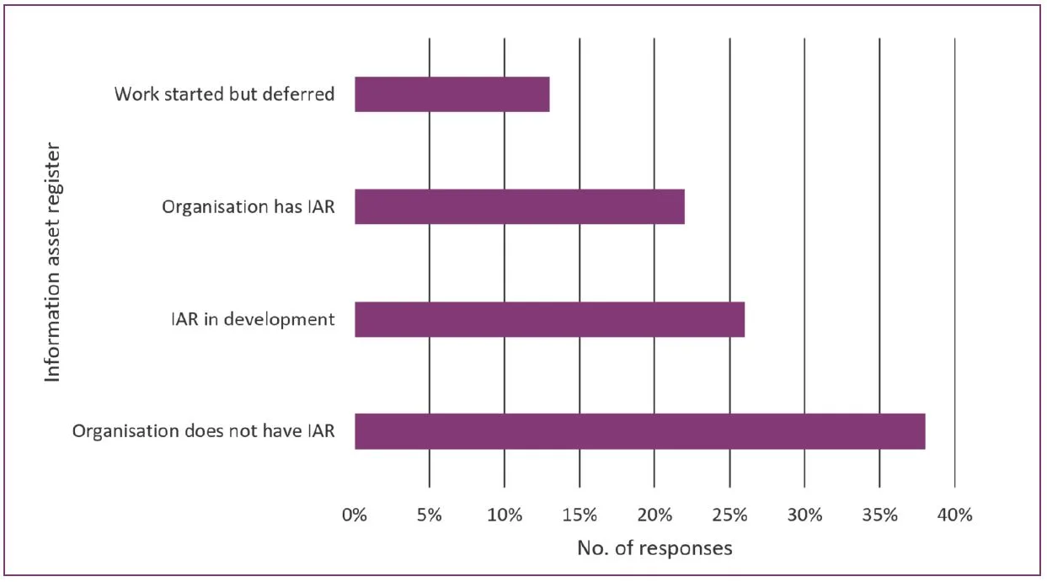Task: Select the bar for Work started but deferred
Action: [452, 94]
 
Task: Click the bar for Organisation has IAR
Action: [520, 206]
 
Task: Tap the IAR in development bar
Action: [549, 319]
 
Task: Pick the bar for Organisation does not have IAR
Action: [639, 431]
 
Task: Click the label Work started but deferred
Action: [224, 93]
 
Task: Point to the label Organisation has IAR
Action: [248, 206]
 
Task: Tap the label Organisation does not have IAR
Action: [204, 431]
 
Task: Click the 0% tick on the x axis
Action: [355, 515]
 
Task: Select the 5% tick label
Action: [430, 515]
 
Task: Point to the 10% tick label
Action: [505, 515]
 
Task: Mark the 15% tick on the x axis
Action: [580, 515]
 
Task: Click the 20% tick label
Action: [654, 515]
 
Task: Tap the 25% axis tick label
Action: [729, 515]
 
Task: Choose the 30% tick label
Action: [804, 515]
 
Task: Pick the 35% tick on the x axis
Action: [879, 515]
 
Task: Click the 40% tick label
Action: [954, 515]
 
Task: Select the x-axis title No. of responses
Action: [654, 548]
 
